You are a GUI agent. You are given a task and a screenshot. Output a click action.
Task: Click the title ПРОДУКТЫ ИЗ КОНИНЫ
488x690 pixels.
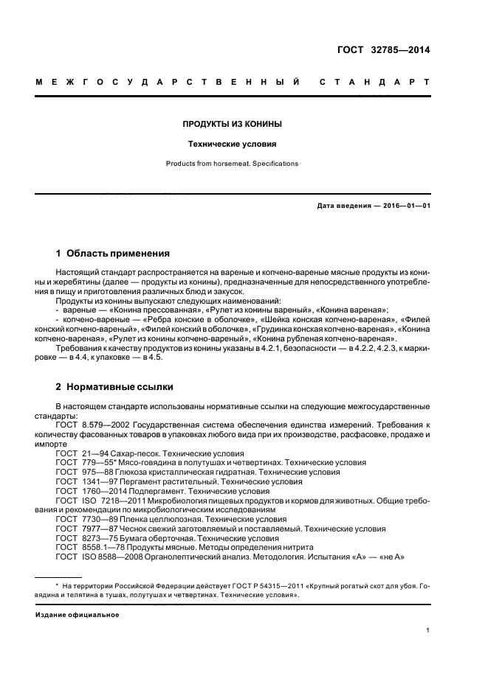[x=232, y=124]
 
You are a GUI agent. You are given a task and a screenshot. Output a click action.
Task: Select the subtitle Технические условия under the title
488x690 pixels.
[x=232, y=144]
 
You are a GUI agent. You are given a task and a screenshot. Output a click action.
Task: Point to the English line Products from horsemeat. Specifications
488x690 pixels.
[x=232, y=164]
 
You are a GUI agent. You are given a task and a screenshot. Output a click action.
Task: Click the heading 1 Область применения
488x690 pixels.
[x=113, y=253]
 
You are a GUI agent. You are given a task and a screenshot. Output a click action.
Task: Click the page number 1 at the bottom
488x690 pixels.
[x=427, y=630]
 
